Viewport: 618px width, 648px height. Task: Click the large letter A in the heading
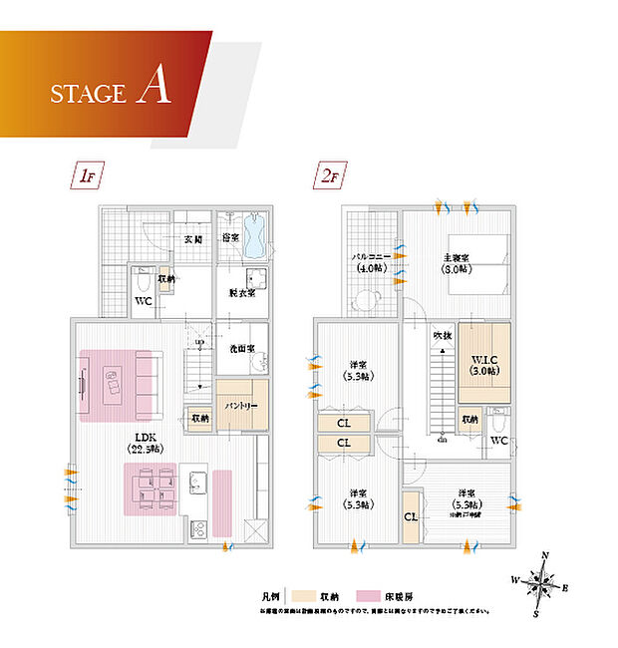coord(155,88)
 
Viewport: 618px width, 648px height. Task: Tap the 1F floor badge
coord(83,176)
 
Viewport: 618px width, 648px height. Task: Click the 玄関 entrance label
coord(193,240)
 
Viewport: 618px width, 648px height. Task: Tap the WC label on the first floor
coord(143,300)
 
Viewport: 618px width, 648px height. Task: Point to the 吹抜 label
coord(442,335)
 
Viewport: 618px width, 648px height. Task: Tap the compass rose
coord(541,582)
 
